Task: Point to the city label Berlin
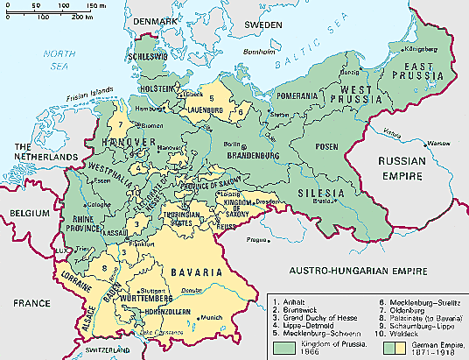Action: tap(234, 144)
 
